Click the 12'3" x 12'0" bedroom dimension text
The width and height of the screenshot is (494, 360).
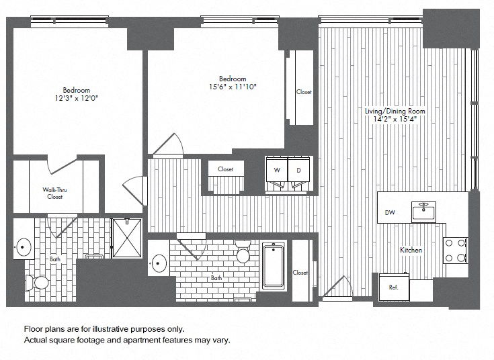tap(77, 98)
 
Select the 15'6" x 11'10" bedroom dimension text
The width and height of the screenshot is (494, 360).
tap(233, 87)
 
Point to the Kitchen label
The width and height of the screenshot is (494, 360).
tap(411, 250)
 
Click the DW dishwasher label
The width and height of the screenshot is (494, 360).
tap(390, 213)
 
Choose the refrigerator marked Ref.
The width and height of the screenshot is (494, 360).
tap(394, 286)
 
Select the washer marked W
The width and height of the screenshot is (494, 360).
tap(277, 170)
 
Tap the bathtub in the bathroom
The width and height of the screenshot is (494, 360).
tap(274, 266)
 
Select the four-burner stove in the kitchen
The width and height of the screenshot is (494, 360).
tap(456, 250)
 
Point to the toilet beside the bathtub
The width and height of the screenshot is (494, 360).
tap(243, 253)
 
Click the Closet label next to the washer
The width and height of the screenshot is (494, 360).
tap(226, 169)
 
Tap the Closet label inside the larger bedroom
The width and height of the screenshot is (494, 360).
tap(304, 92)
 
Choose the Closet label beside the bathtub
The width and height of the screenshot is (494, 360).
tap(300, 273)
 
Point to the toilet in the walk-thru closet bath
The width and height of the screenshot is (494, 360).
tap(40, 283)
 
